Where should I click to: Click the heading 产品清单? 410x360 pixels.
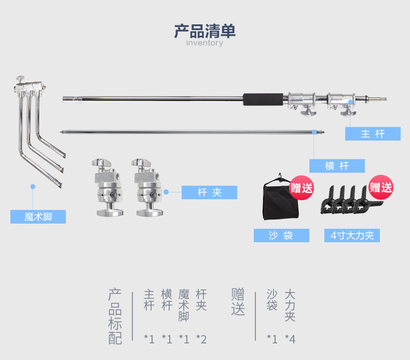tap(204, 31)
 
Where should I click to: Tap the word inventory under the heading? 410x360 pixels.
tap(204, 43)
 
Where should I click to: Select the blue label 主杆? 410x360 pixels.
tap(373, 134)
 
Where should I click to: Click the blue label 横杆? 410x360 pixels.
tap(337, 166)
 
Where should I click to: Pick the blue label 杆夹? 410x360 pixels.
tap(209, 192)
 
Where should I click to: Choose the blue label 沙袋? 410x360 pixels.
tap(281, 236)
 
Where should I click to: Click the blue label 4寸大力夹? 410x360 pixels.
tap(352, 236)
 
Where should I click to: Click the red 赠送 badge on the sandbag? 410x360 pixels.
tap(302, 187)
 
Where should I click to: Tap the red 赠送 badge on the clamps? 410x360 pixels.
tap(381, 187)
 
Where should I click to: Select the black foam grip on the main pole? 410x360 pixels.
tap(263, 99)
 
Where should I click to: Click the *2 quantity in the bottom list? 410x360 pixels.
tap(201, 339)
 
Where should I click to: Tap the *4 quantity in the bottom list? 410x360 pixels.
tap(290, 339)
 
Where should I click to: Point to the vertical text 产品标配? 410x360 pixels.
tap(115, 316)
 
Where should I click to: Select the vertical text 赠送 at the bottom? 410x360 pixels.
tap(238, 302)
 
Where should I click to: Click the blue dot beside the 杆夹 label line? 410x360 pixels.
tap(166, 191)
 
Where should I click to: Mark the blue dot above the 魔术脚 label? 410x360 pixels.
tap(32, 186)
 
